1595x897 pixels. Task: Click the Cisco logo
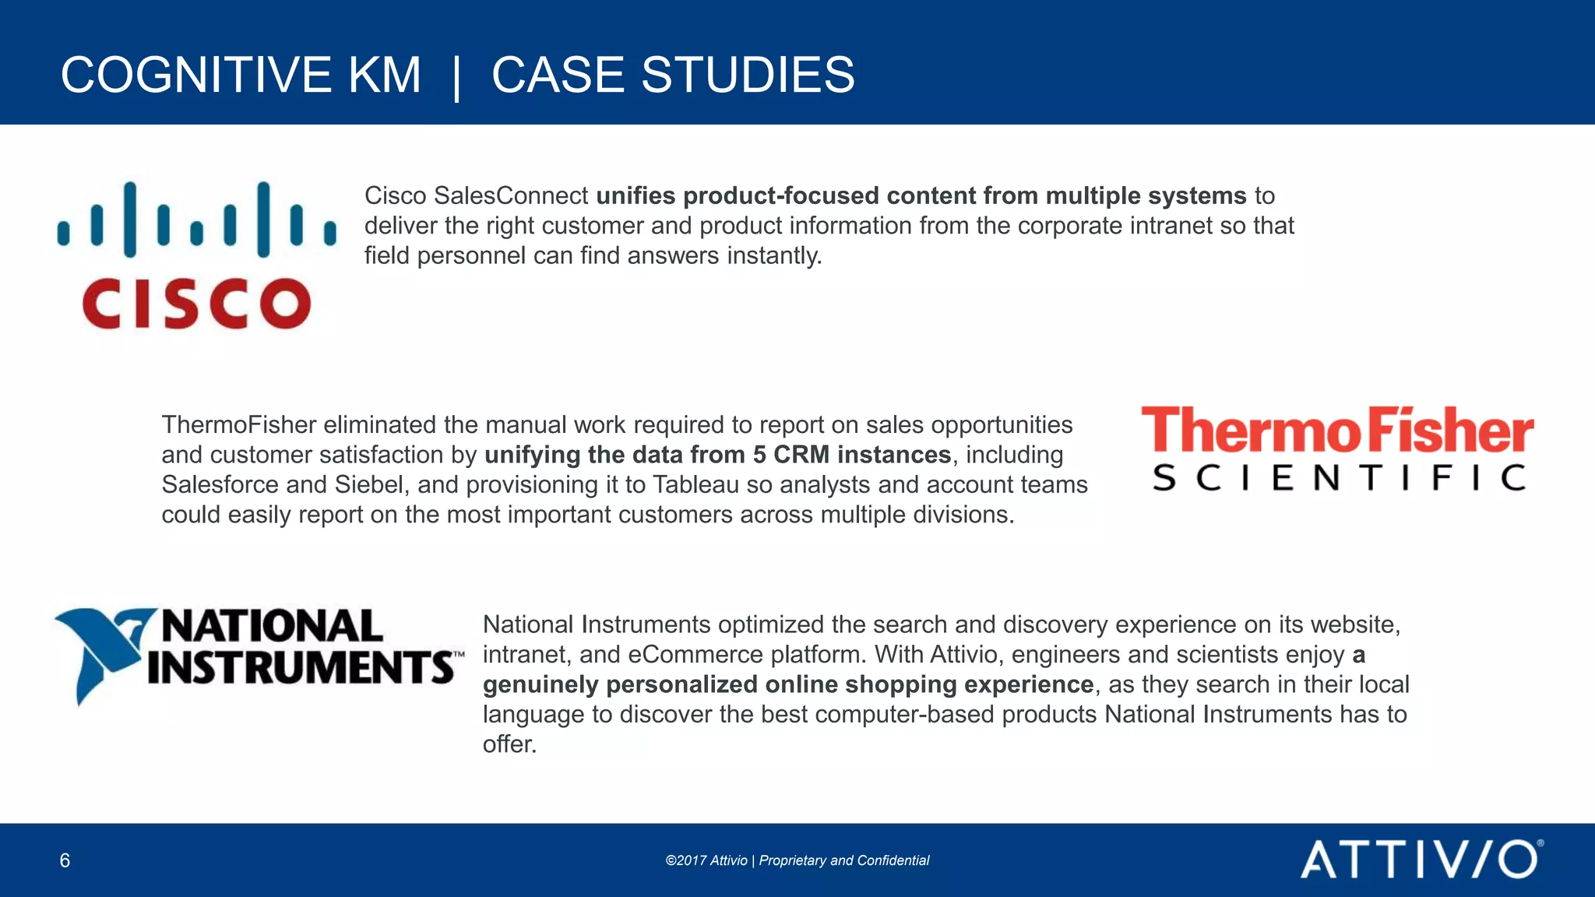(x=196, y=255)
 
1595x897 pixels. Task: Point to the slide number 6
(x=65, y=860)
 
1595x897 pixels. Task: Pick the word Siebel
(x=368, y=484)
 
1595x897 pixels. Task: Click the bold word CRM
(x=801, y=455)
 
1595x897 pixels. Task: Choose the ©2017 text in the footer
(x=685, y=860)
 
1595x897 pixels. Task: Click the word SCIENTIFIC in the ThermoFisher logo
(x=1337, y=477)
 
